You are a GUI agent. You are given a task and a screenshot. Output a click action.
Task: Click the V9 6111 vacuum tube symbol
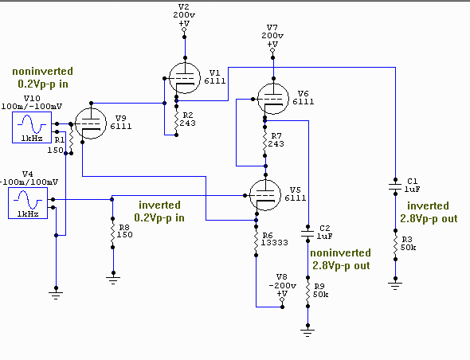(x=91, y=123)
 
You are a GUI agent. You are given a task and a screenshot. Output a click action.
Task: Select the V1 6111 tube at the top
(x=185, y=78)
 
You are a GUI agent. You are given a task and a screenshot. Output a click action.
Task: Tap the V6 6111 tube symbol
(x=273, y=99)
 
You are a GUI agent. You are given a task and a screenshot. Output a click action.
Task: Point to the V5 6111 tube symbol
(x=265, y=195)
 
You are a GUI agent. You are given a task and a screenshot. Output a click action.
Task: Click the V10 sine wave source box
(x=32, y=127)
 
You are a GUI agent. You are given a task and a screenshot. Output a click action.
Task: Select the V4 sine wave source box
(x=28, y=203)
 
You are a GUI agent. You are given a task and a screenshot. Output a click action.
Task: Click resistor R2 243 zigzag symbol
(x=177, y=120)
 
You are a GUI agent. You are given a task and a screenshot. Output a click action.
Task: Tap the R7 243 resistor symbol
(x=265, y=142)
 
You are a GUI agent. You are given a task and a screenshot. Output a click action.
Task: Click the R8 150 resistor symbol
(x=112, y=233)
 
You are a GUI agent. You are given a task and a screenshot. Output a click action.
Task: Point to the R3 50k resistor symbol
(x=395, y=245)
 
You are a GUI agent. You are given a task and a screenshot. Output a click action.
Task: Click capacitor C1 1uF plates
(x=395, y=187)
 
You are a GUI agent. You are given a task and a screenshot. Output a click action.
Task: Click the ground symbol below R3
(x=395, y=285)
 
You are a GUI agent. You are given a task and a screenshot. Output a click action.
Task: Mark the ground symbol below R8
(x=113, y=280)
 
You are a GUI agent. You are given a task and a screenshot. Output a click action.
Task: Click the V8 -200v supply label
(x=282, y=285)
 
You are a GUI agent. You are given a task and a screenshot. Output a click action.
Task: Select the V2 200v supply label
(x=184, y=15)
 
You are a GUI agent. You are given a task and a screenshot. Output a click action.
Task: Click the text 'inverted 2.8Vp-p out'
(x=429, y=212)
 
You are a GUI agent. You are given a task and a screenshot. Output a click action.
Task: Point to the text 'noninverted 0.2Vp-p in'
(x=43, y=77)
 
